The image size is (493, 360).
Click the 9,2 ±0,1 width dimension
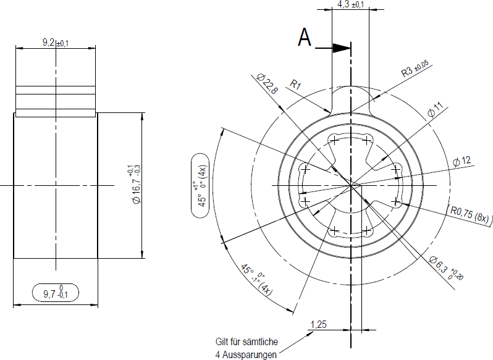[56, 43]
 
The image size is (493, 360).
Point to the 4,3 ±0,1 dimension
[351, 4]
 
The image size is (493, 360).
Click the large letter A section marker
[305, 38]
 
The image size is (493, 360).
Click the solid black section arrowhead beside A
[342, 48]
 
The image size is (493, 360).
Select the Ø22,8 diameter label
[268, 83]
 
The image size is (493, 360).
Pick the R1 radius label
[295, 84]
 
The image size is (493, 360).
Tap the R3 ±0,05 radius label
[415, 69]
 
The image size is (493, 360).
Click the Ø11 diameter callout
[436, 109]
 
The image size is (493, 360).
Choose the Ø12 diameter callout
[462, 161]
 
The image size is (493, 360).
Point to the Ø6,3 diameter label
[446, 268]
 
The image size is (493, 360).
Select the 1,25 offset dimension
[319, 324]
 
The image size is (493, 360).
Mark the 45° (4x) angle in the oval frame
[200, 185]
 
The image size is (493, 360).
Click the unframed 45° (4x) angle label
[256, 279]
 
